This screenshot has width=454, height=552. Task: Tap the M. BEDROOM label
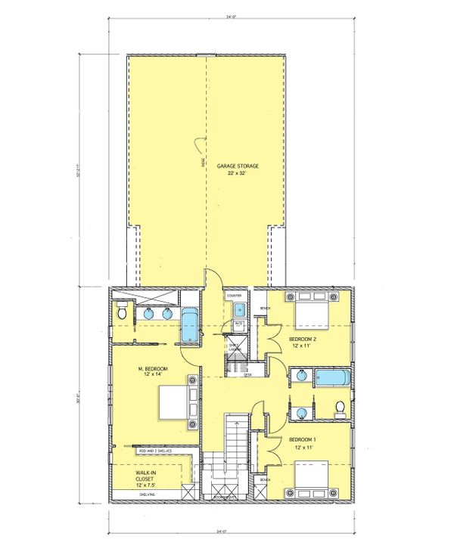click(153, 371)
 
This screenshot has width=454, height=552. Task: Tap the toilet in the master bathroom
click(121, 311)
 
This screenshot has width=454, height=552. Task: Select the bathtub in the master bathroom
click(188, 325)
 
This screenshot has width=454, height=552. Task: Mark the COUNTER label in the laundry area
click(234, 295)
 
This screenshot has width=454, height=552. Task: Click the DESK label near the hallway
click(247, 375)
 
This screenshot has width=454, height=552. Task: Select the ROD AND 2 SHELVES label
click(154, 451)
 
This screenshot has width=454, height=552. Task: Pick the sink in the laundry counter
click(239, 309)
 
